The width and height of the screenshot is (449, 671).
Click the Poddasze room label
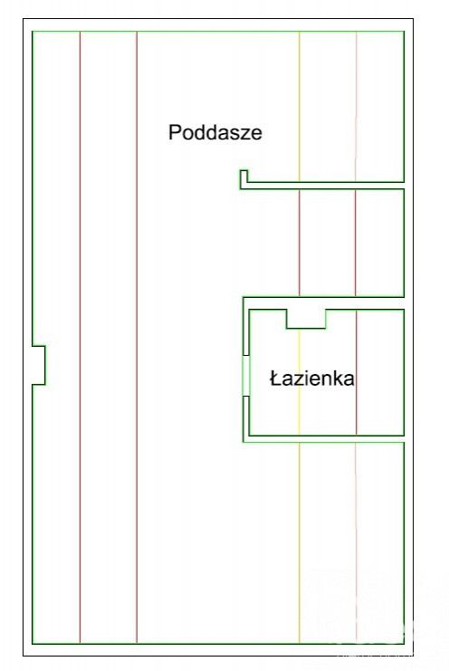(x=215, y=132)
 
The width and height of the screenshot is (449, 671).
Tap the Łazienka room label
(x=311, y=379)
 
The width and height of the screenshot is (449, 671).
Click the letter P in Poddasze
(x=175, y=132)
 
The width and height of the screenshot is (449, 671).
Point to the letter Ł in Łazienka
(x=275, y=379)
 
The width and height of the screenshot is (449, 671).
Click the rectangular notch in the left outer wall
(x=44, y=365)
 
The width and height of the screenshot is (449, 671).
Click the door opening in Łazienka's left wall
(x=246, y=376)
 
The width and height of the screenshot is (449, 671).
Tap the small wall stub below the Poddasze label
(x=244, y=179)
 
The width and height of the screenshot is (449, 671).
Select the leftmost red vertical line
(x=80, y=337)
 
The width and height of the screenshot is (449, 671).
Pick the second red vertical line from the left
(x=137, y=337)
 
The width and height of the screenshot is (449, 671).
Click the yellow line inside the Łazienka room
(x=299, y=382)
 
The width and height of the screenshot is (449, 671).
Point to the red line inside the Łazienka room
(x=356, y=372)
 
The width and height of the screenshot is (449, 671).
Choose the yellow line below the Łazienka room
(x=299, y=542)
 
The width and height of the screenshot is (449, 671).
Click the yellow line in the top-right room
(x=299, y=107)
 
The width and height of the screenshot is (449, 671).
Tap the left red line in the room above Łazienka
(x=299, y=243)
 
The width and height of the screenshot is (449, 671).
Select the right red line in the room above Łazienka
(x=356, y=243)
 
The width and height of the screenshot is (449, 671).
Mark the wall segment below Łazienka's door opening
(x=246, y=417)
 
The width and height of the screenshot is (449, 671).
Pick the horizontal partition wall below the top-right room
(x=326, y=186)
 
